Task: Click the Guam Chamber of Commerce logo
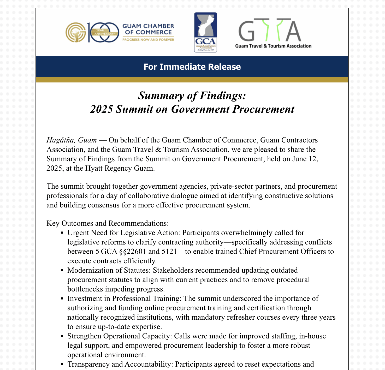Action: point(120,32)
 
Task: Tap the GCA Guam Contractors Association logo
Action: point(205,32)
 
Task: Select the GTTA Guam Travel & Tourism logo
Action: point(273,33)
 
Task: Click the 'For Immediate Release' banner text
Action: point(192,67)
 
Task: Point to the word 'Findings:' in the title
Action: point(223,96)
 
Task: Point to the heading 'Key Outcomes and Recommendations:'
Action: point(108,223)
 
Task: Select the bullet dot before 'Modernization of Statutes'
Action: point(62,271)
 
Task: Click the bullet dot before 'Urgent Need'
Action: point(62,233)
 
